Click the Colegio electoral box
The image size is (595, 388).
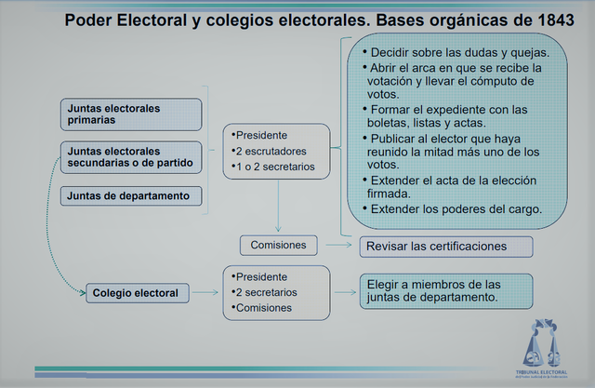pos(135,293)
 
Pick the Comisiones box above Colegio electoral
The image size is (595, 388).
pos(278,246)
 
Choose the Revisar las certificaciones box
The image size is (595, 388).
pos(445,247)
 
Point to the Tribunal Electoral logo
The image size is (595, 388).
pos(546,346)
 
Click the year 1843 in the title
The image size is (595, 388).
pos(553,20)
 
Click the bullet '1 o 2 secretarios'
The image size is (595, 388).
pos(275,167)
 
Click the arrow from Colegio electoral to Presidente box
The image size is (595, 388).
pos(206,293)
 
